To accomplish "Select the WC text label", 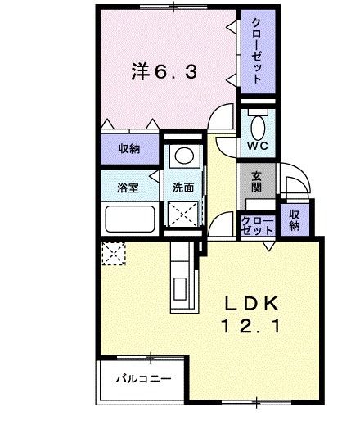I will pyautogui.click(x=256, y=147).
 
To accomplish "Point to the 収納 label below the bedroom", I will pyautogui.click(x=128, y=149).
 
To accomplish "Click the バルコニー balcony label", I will pyautogui.click(x=141, y=380).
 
